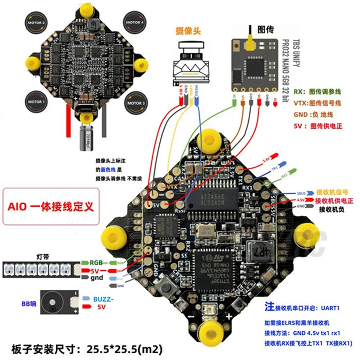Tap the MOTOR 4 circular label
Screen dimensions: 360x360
pos(135,22)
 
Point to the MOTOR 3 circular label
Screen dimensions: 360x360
pos(135,103)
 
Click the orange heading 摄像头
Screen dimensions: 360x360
pos(188,31)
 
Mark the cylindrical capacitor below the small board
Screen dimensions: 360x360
pos(84,137)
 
